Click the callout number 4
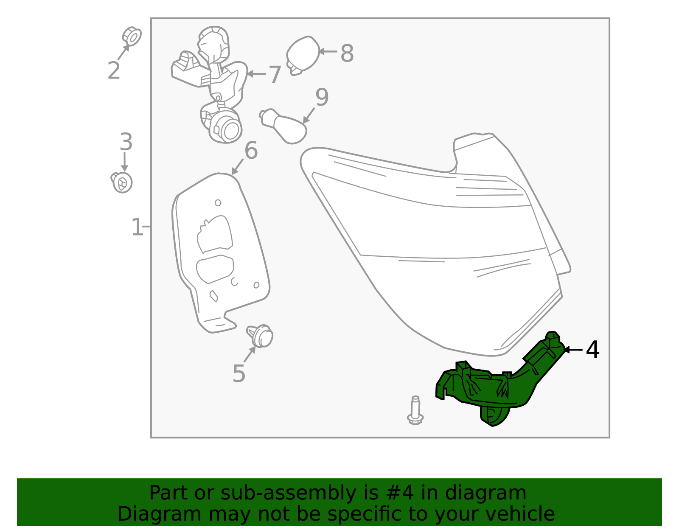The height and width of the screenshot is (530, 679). tap(592, 350)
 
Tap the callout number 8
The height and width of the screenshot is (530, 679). tap(347, 53)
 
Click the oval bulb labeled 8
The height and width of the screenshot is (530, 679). tap(303, 55)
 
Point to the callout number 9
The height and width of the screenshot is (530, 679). tap(322, 97)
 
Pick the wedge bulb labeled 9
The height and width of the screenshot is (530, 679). tap(283, 126)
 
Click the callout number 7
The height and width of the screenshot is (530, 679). tap(275, 75)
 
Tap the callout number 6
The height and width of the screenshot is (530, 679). tap(251, 150)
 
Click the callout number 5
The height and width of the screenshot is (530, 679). tap(239, 373)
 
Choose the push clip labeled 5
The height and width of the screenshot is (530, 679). tap(260, 336)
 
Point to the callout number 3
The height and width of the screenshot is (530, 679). tap(126, 142)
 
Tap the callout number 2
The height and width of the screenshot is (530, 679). tap(114, 70)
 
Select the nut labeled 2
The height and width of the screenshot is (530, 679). tap(132, 36)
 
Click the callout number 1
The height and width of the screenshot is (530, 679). tap(137, 227)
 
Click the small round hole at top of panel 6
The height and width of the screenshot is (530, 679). tap(218, 203)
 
